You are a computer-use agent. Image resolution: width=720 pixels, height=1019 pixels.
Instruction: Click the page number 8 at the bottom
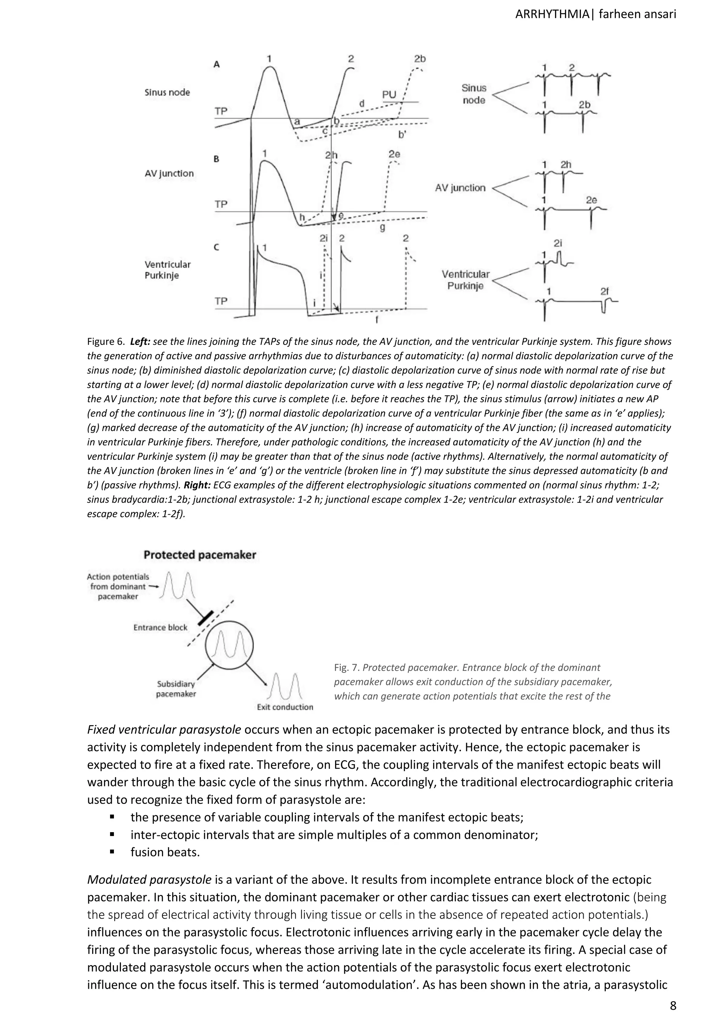click(x=673, y=1006)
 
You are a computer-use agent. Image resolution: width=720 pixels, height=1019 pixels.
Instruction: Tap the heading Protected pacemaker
click(x=200, y=555)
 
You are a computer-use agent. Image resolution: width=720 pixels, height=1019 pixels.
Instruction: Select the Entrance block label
click(x=161, y=628)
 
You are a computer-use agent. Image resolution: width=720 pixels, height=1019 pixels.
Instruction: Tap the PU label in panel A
click(x=389, y=95)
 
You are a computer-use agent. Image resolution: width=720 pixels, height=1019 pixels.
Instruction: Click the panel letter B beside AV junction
click(x=217, y=159)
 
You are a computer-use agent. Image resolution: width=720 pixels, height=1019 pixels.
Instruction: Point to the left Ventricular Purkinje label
click(x=167, y=270)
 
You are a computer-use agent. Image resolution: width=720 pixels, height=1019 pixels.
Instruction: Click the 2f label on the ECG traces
click(x=604, y=291)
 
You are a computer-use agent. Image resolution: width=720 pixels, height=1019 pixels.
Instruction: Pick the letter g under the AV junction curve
click(x=382, y=228)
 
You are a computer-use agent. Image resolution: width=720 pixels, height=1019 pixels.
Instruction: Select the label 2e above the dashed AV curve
click(x=394, y=154)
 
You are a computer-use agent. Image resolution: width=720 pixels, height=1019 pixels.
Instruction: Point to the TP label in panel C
click(x=221, y=301)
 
